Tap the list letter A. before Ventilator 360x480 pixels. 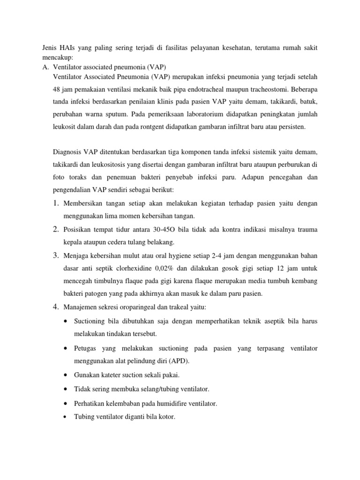pyautogui.click(x=45, y=67)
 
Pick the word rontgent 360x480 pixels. pyautogui.click(x=155, y=127)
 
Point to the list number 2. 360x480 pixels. pyautogui.click(x=55, y=229)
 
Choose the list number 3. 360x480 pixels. pyautogui.click(x=55, y=255)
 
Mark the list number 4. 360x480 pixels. pyautogui.click(x=55, y=307)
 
